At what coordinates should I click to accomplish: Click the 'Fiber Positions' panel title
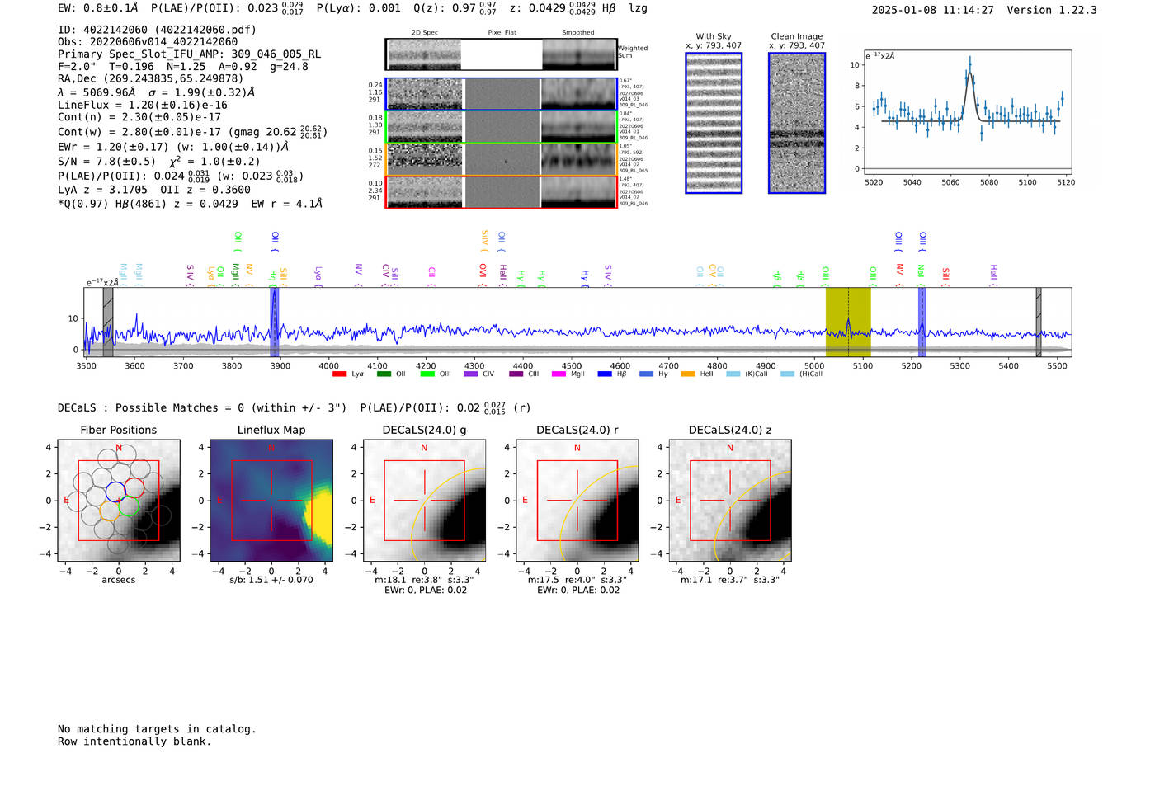coord(119,430)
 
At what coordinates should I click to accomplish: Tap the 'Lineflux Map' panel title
coord(271,430)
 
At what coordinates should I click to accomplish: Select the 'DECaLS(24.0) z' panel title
coord(730,430)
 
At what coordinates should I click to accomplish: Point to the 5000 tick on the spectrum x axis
coord(814,365)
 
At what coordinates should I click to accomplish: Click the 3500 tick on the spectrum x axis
coord(86,365)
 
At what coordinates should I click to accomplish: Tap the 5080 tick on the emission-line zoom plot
coord(988,182)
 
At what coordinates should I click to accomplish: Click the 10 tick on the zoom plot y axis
coord(855,65)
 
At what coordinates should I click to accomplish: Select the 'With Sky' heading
coord(714,36)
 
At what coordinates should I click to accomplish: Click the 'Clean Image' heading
coord(797,36)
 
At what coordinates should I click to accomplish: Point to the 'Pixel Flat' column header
coord(502,33)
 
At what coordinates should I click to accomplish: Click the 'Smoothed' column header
coord(577,33)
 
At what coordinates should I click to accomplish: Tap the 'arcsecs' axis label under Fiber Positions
coord(119,580)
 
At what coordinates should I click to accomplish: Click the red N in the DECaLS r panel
coord(577,448)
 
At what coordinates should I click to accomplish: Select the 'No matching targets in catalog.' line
coord(157,729)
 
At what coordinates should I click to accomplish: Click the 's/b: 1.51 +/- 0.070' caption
coord(271,580)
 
